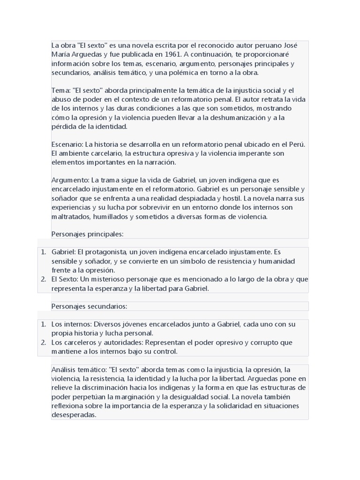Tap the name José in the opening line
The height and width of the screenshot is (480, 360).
coord(289,45)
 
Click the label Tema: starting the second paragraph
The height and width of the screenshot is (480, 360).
coord(61,90)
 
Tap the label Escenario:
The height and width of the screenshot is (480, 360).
coord(66,144)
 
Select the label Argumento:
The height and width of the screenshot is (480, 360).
coord(70,180)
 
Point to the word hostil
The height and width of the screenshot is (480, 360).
coord(231,199)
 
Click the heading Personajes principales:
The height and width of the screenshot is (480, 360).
coord(88,234)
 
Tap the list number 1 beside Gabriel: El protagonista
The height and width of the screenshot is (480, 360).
coord(43,252)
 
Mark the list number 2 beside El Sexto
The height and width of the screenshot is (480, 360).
coord(43,279)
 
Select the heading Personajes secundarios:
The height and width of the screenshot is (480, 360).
coord(90,306)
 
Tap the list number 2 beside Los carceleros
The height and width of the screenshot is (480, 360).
coord(43,342)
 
